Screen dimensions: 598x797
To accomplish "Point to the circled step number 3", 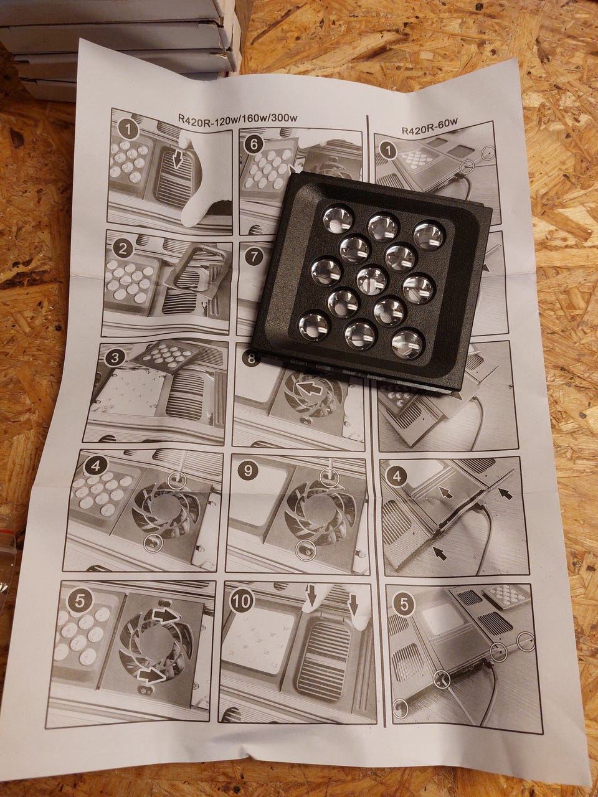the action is click(115, 358).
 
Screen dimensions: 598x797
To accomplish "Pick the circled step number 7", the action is click(254, 257).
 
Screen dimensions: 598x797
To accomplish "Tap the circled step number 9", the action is click(248, 471).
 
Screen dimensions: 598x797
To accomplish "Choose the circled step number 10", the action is click(242, 600).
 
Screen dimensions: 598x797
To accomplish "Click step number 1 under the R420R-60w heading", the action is click(389, 150).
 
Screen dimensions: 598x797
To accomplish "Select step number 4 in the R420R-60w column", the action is click(397, 476).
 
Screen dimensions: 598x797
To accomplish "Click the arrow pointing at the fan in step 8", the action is click(309, 390).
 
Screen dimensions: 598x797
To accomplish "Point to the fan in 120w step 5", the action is click(156, 644).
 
